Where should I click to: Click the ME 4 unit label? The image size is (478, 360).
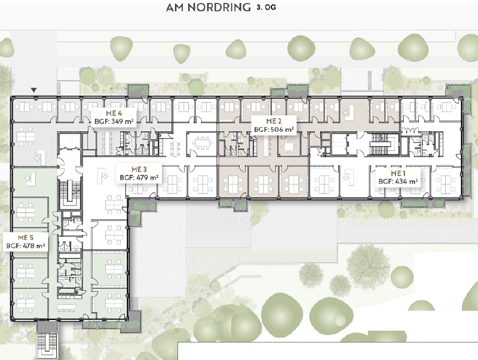point(114,113)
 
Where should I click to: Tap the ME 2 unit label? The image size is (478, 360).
point(274,121)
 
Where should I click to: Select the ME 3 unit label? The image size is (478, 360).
point(139,170)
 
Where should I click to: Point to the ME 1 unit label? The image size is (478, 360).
point(398,174)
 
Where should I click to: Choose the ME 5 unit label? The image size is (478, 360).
point(26,238)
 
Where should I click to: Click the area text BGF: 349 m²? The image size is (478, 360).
point(114,121)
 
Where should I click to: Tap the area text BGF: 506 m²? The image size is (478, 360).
point(274,129)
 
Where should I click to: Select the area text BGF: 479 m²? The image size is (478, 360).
point(139,177)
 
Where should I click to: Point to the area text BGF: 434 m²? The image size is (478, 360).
point(398,181)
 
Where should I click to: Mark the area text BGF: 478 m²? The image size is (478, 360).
point(26,245)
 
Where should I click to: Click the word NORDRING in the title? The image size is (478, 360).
point(219,8)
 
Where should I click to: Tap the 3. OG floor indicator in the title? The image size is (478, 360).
point(266,7)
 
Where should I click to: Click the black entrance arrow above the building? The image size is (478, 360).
point(34,90)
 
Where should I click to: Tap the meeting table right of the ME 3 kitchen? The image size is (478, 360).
point(203,143)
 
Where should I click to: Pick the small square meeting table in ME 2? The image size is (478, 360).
point(288,147)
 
